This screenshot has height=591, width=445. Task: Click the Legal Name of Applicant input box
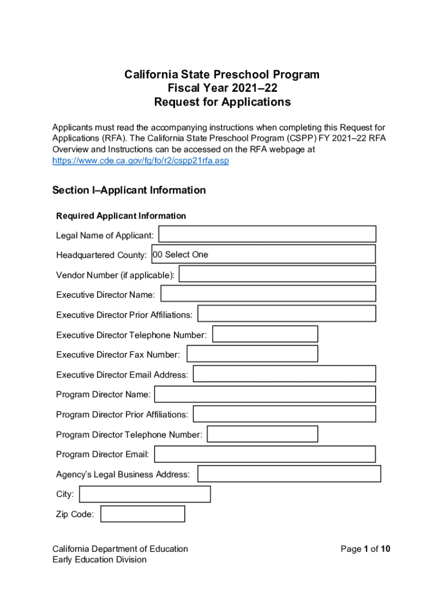(x=267, y=234)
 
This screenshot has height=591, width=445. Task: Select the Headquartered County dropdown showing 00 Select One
(x=263, y=254)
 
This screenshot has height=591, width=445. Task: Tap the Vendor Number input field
(x=277, y=274)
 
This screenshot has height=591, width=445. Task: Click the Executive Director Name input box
(x=268, y=294)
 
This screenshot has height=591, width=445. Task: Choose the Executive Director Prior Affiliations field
(x=287, y=313)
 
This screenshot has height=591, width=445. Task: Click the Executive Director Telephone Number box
(x=265, y=334)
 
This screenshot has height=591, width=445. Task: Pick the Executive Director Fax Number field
(x=253, y=354)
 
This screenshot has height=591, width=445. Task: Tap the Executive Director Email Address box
(x=284, y=373)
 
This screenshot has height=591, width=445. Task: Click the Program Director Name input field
(x=265, y=394)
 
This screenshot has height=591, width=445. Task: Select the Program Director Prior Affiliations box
(x=284, y=414)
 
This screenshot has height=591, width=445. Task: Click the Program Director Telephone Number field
(x=262, y=434)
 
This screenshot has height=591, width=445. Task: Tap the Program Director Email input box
(x=265, y=454)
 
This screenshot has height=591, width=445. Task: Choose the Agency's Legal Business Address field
(x=289, y=474)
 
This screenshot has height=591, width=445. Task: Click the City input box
(x=144, y=494)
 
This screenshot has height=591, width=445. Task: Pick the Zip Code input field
(x=143, y=514)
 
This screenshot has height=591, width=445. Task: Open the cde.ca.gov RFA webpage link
(x=140, y=161)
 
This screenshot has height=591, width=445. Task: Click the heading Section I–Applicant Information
(x=129, y=190)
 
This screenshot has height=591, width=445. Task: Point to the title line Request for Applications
(x=222, y=102)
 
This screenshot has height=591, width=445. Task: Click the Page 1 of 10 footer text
(x=365, y=549)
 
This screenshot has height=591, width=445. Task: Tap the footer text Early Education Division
(x=99, y=559)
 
